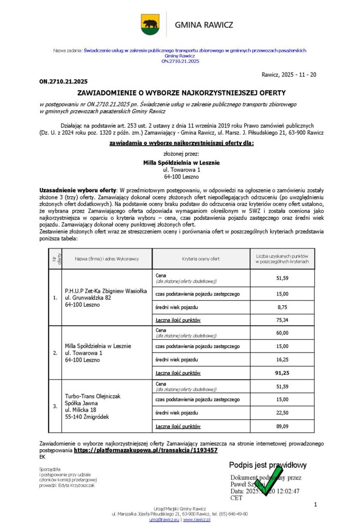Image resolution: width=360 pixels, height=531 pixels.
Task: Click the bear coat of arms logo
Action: click(150, 24)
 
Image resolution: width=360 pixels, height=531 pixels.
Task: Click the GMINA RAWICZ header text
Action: click(204, 25)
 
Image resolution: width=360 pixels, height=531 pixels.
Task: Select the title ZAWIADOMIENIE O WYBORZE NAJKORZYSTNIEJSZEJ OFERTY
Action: click(181, 93)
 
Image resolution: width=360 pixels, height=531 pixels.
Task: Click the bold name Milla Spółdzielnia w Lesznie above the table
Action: click(181, 162)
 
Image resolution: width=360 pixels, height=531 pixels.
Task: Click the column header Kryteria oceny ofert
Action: click(201, 259)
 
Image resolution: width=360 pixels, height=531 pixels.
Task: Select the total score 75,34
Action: click(282, 320)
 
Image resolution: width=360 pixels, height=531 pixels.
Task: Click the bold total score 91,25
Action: click(282, 373)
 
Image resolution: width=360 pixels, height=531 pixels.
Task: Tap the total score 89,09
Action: click(282, 426)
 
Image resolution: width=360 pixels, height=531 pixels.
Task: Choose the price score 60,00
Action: click(282, 332)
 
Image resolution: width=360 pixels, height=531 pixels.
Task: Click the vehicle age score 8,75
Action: click(282, 306)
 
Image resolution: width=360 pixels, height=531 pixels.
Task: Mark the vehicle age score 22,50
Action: click(282, 413)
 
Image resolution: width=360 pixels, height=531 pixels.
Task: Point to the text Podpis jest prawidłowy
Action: click(268, 465)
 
